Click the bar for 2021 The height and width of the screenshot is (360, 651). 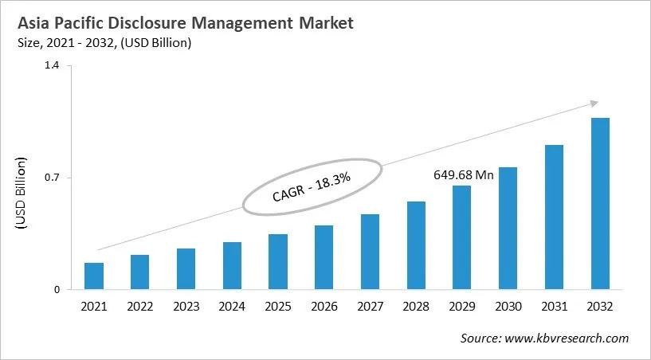coord(94,276)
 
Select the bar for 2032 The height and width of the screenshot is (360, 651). coord(600,204)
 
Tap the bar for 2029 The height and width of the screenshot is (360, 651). coord(462,237)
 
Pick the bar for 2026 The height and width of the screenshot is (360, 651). coord(324,257)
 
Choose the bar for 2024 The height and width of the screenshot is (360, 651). coord(232,266)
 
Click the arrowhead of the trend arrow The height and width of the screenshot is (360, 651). coord(594,103)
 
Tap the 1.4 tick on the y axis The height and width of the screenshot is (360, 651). coord(52,66)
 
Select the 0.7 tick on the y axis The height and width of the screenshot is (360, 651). coord(52,178)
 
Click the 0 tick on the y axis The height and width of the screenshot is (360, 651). coord(57,290)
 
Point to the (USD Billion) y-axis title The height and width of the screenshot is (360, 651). coord(22,194)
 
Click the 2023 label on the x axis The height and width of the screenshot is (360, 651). coord(186,307)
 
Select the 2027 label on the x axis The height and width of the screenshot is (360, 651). coord(370,307)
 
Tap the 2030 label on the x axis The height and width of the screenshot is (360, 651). coord(508,307)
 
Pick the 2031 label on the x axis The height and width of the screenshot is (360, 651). coord(554,307)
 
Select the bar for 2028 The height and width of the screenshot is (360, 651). coord(416,245)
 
